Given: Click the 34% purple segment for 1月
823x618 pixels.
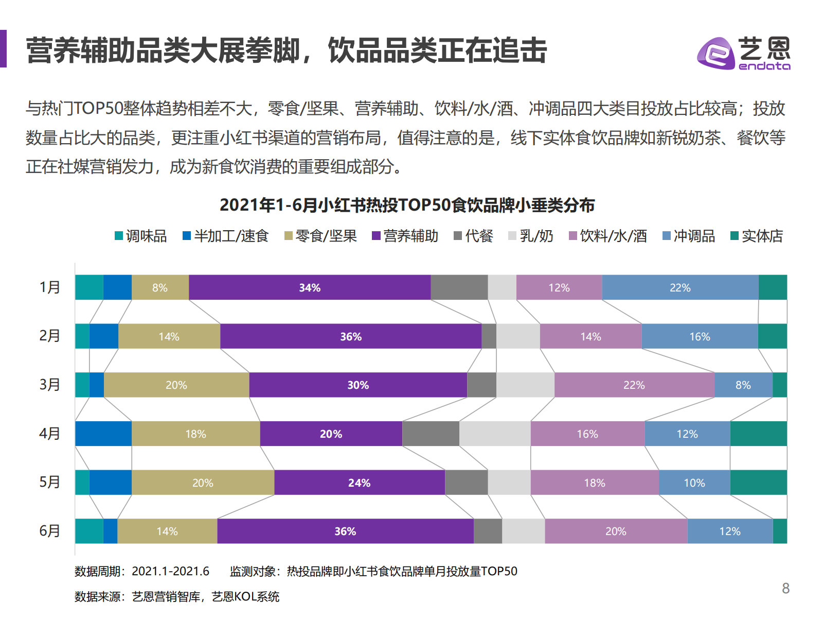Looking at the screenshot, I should click(x=310, y=287).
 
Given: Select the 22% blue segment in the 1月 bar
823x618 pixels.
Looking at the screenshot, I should click(x=680, y=287).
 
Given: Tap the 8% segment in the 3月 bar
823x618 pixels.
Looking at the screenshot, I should click(x=743, y=385).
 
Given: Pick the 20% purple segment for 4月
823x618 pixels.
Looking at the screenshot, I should click(x=331, y=434).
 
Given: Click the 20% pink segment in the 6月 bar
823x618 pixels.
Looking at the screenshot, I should click(x=616, y=531).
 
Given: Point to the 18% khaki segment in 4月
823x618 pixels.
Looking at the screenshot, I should click(x=195, y=434).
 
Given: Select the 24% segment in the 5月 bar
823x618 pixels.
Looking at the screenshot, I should click(x=359, y=483).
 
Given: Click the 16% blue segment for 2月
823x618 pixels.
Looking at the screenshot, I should click(x=700, y=336).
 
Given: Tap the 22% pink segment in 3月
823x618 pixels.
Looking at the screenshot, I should click(x=634, y=385).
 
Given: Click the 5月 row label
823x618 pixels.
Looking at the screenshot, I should click(x=50, y=482).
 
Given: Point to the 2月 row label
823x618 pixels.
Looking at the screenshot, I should click(x=50, y=336).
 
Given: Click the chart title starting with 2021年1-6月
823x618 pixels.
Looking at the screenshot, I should click(x=407, y=205).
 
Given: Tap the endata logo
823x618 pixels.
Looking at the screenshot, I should click(x=744, y=53).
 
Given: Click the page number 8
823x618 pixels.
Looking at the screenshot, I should click(x=785, y=588).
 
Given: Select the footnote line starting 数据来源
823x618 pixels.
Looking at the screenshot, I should click(x=177, y=596).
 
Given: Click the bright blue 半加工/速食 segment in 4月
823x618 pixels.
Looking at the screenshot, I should click(x=103, y=434).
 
